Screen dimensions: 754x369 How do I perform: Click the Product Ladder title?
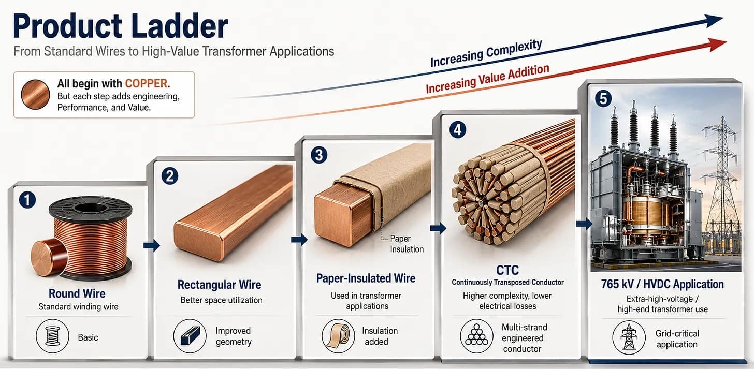point(121,26)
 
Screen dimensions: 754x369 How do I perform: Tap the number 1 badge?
point(27,200)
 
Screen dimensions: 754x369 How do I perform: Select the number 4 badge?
point(458,130)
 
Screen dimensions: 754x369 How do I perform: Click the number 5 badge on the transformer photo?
point(603,99)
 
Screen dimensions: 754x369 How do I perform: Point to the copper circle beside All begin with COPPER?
point(35,95)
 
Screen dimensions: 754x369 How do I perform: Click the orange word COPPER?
point(148,83)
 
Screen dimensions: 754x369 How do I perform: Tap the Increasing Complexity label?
point(486,53)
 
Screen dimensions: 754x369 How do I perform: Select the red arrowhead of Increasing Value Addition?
point(718,45)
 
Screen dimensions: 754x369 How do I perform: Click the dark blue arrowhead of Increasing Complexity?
point(714,21)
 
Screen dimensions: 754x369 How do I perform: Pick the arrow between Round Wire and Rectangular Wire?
point(151,245)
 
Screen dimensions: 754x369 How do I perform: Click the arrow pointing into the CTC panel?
point(438,228)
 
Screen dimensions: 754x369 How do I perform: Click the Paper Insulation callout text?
point(407,244)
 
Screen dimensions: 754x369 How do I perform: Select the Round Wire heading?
point(77,293)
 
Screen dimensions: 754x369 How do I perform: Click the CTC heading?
point(508,270)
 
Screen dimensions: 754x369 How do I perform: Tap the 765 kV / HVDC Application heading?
point(662,284)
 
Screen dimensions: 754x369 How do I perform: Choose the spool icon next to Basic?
point(52,336)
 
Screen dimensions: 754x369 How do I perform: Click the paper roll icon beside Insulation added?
point(338,336)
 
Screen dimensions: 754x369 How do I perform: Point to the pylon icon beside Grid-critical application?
point(629,337)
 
